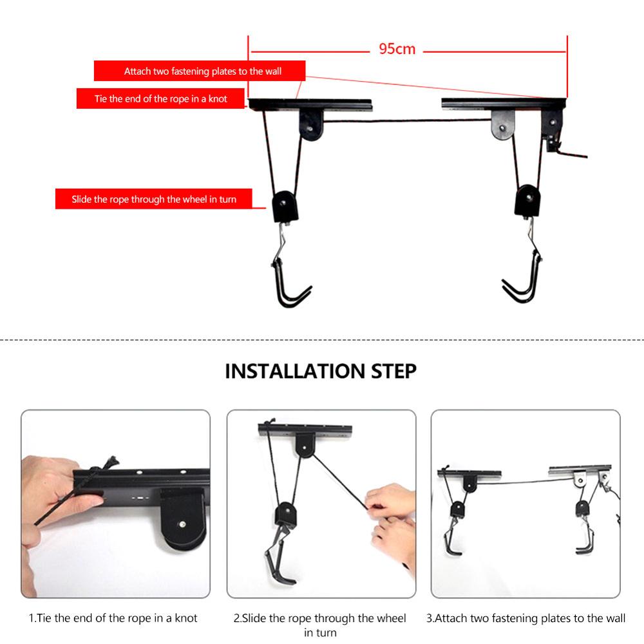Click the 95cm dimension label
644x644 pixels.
(397, 49)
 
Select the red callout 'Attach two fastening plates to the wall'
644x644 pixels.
(200, 71)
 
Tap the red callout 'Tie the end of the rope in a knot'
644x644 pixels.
(161, 99)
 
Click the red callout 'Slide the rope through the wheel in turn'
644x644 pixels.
(155, 199)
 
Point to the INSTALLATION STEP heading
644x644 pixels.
(321, 372)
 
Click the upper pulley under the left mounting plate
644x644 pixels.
(312, 125)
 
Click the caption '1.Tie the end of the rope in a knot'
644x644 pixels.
(113, 618)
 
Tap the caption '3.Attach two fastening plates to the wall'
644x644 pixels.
(526, 618)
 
